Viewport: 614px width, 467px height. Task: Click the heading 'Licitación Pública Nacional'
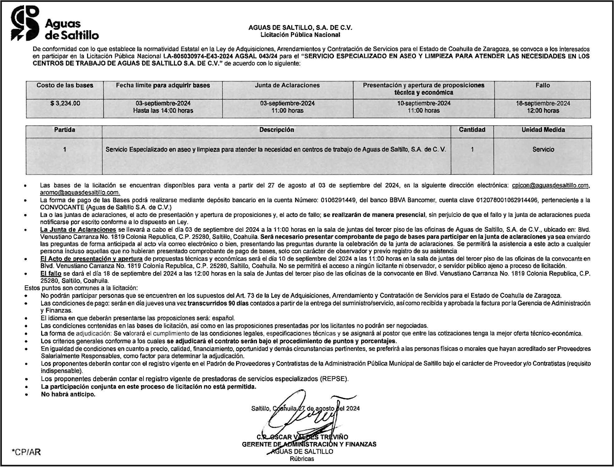click(300, 35)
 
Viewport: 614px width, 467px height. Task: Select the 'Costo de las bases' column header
click(65, 86)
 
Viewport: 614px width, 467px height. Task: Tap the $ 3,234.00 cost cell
click(65, 103)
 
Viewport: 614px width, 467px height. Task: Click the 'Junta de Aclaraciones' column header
click(287, 86)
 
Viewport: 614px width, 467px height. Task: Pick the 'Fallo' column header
click(543, 86)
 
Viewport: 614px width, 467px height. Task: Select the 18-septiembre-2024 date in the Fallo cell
click(543, 103)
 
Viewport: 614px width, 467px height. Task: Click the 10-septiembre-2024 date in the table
click(423, 103)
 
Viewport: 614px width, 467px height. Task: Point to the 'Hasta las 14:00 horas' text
click(163, 111)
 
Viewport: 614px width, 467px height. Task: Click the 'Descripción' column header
click(276, 130)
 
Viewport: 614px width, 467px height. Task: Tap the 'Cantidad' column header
click(472, 130)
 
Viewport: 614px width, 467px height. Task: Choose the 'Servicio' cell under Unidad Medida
click(543, 150)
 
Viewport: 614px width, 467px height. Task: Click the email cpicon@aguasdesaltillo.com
click(550, 185)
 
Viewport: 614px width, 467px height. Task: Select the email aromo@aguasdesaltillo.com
click(80, 193)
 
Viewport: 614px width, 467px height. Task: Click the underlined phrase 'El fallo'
click(51, 273)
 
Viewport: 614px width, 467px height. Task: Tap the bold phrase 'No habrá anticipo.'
click(68, 394)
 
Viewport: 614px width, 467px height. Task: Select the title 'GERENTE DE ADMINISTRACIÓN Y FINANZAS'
click(309, 444)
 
